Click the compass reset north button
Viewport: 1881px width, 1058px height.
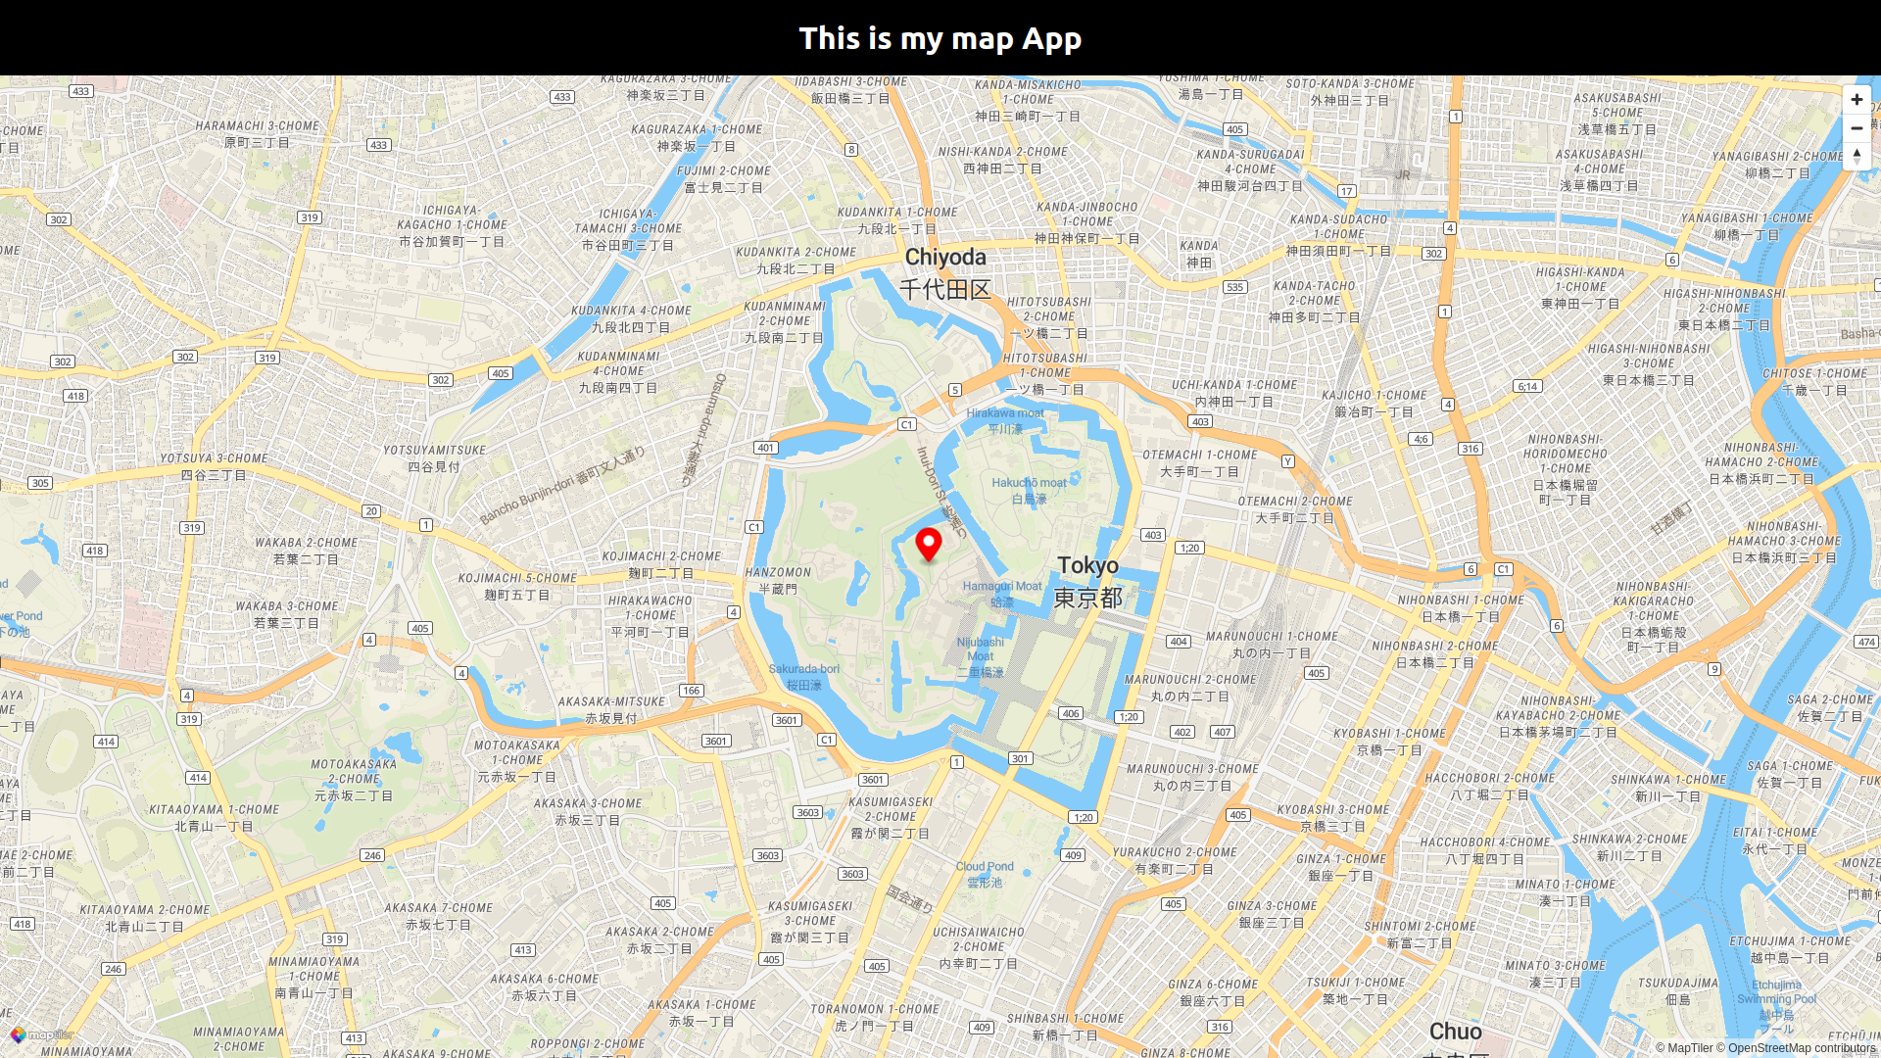click(x=1857, y=156)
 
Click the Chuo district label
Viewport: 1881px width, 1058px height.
click(x=1455, y=1032)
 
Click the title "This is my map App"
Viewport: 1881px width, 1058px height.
click(x=940, y=38)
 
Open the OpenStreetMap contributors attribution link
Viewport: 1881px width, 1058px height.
click(x=1801, y=1047)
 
